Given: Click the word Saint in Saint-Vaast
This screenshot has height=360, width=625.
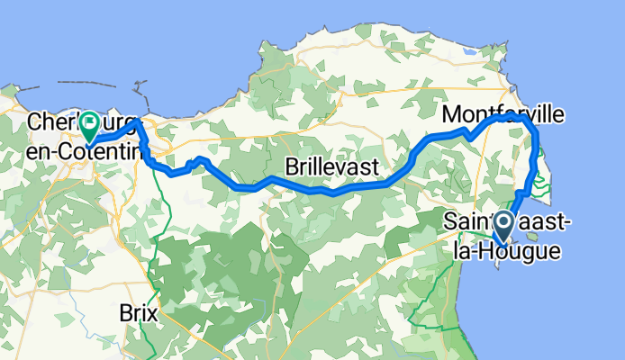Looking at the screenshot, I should click(470, 221).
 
